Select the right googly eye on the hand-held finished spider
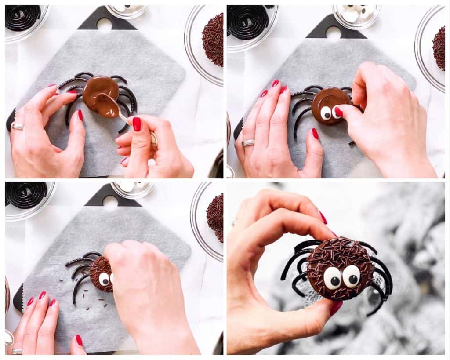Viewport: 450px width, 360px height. tap(351, 276)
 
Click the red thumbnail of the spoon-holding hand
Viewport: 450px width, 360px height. tap(137, 124)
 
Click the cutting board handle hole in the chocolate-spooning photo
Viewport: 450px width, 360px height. tap(105, 25)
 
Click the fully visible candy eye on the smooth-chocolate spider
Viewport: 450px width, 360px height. tap(326, 113)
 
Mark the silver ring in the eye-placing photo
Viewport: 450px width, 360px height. tap(248, 142)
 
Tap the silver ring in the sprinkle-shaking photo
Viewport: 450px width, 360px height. tap(17, 351)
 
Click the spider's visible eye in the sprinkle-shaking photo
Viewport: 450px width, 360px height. tap(104, 279)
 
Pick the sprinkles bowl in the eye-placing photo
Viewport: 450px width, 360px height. tap(438, 48)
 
